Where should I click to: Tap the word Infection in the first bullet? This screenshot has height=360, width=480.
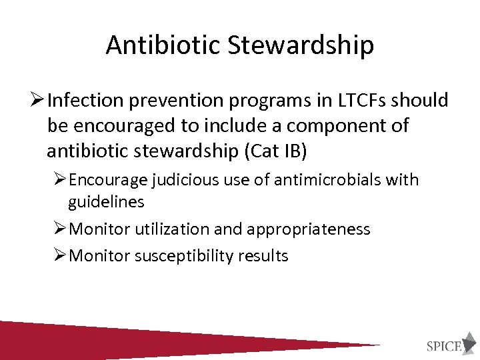click(x=88, y=100)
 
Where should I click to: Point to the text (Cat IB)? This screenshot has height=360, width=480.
click(x=275, y=151)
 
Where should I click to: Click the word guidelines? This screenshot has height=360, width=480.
click(x=106, y=201)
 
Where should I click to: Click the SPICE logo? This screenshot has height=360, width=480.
click(x=451, y=343)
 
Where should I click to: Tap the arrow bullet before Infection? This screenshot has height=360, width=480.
click(x=37, y=100)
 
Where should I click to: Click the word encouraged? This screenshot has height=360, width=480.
click(x=127, y=125)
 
